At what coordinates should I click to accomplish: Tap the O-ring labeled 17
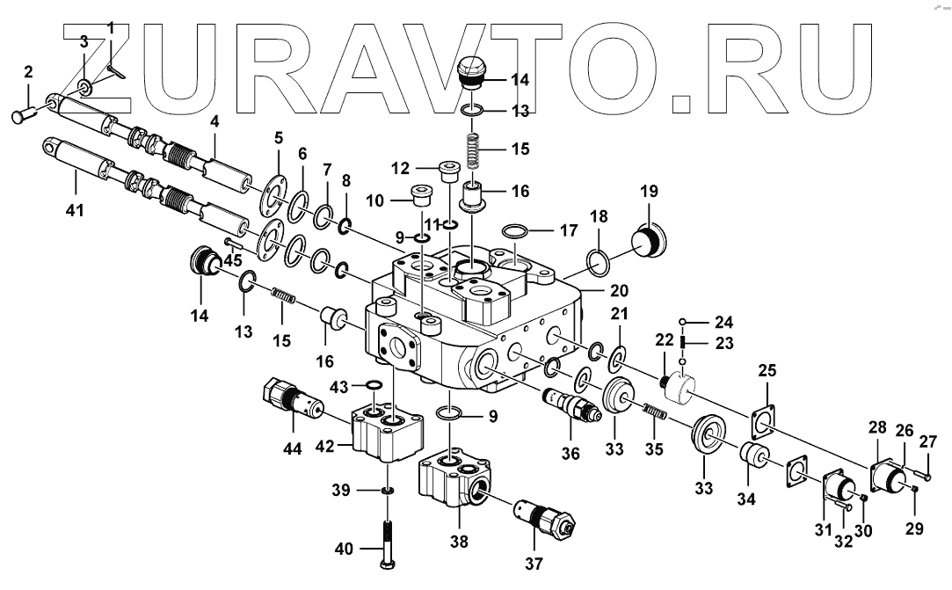[516, 232]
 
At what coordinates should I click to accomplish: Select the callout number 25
[767, 370]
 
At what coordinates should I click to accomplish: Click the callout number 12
[400, 168]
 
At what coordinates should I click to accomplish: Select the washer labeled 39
[387, 490]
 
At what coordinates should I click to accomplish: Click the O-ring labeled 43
[372, 385]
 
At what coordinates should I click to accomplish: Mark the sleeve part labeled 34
[753, 457]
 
